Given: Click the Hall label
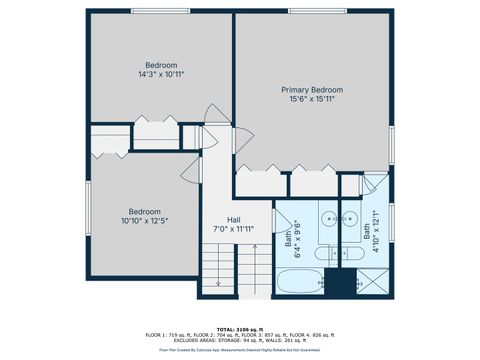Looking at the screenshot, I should click(x=233, y=219).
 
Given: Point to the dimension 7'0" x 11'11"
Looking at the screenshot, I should click(x=233, y=229).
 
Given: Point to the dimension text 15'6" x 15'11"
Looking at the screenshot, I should click(x=313, y=99).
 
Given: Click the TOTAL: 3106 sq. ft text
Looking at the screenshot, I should click(x=240, y=328).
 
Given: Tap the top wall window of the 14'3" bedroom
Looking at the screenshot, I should click(x=159, y=11).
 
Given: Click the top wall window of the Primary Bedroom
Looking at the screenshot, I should click(x=313, y=11).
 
